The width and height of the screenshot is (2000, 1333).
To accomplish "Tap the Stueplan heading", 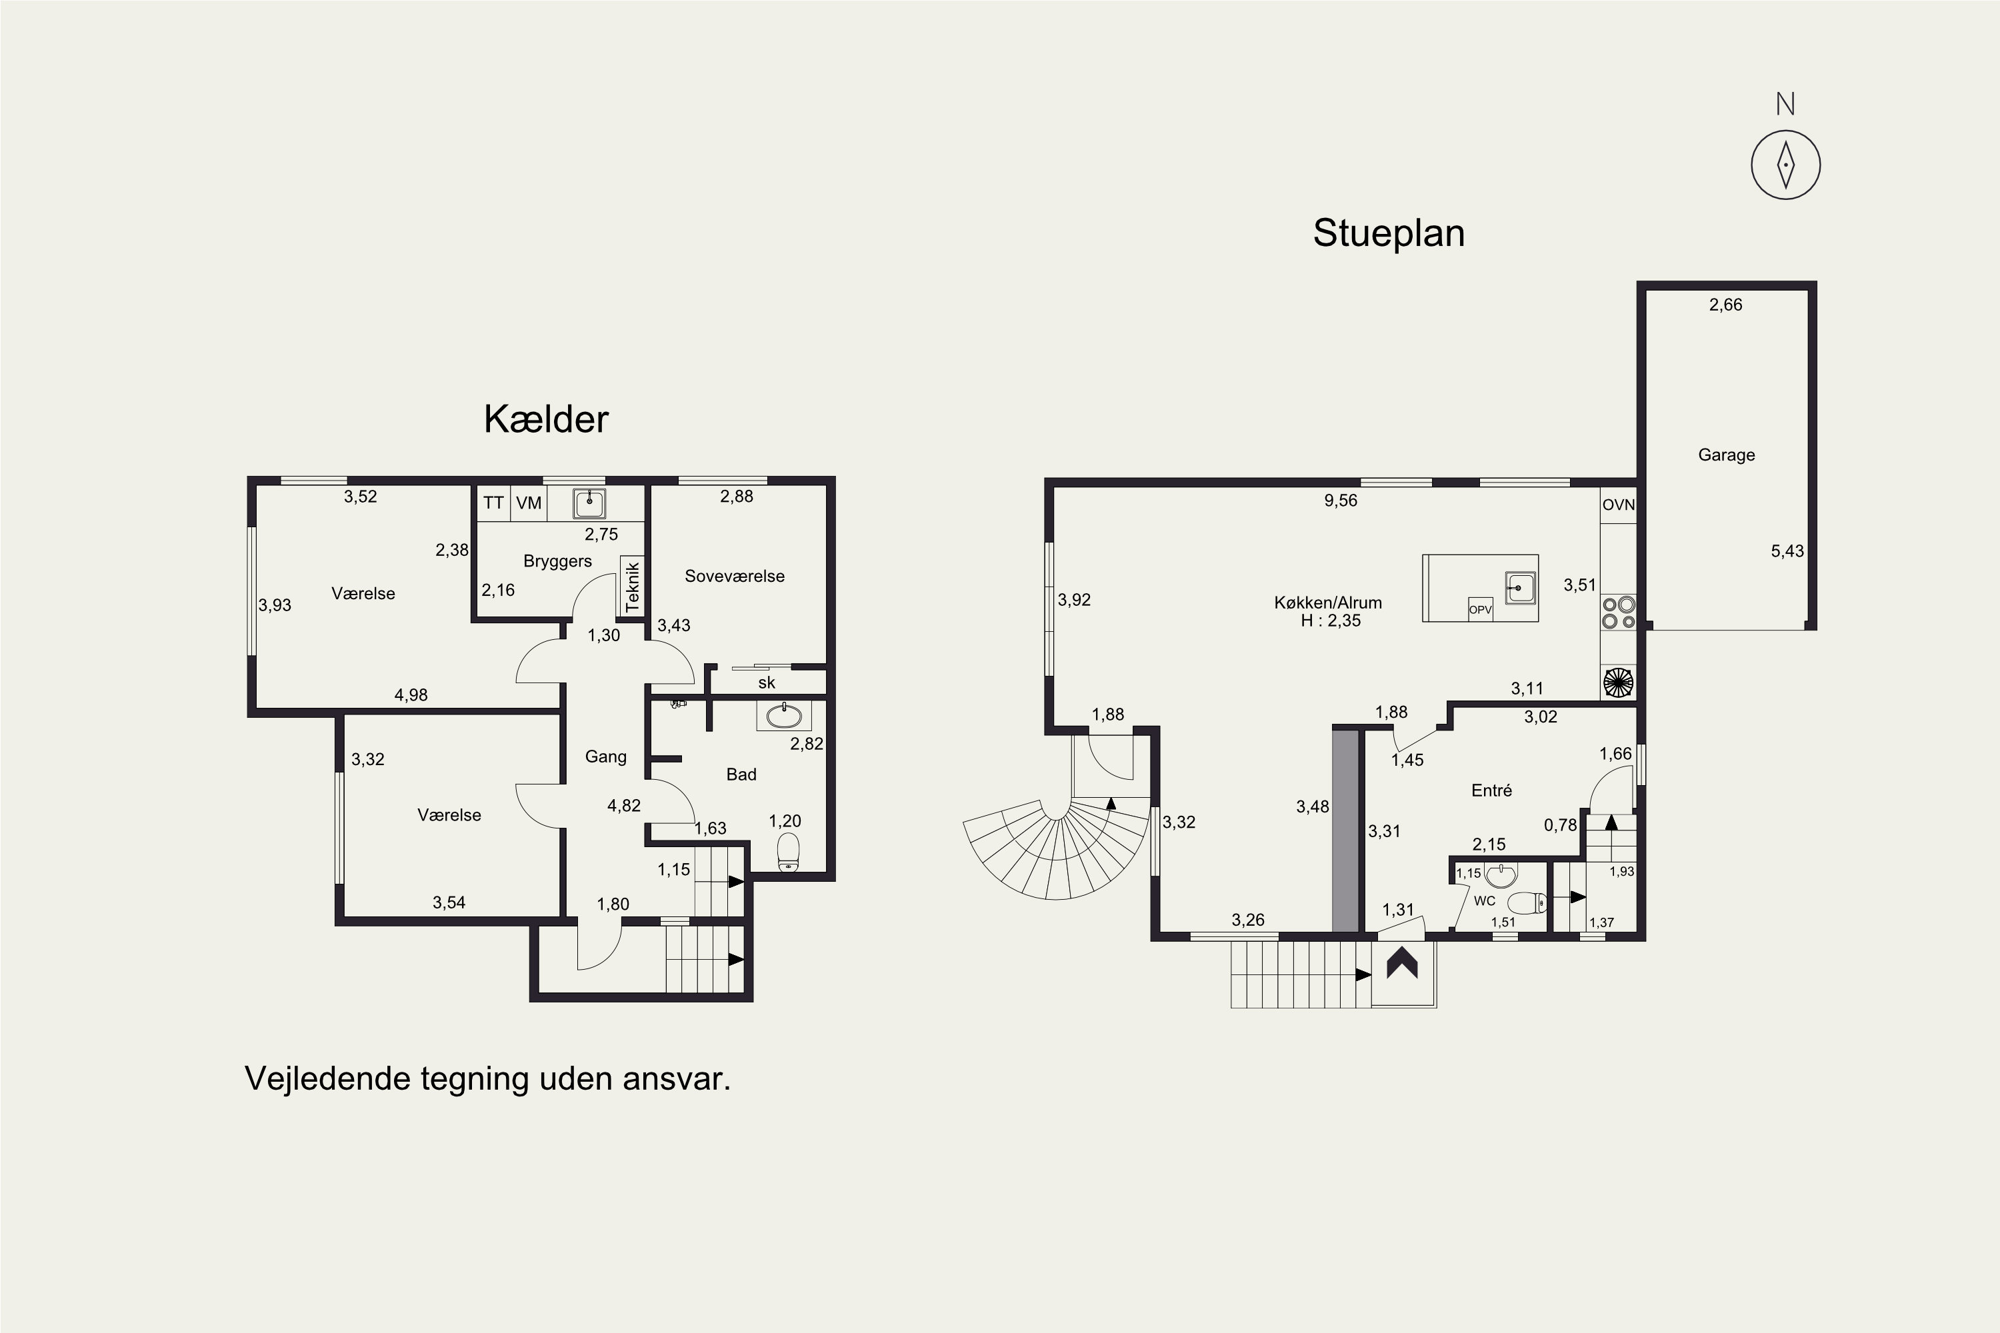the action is pos(1389,233).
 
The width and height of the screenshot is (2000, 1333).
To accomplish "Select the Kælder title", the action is pos(546,419).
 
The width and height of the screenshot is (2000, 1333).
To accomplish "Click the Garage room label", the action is pos(1726,455).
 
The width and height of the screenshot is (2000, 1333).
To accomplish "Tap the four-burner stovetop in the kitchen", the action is pos(1618,612).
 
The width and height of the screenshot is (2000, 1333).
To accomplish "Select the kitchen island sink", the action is pos(1521,587).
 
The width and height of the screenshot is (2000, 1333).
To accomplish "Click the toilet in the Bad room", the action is pos(788,852).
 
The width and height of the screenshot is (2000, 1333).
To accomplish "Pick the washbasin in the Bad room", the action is pos(783,716).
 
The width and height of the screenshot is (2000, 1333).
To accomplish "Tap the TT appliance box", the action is pos(493,503).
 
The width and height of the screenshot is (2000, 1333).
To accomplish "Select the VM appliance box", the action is pos(529,503).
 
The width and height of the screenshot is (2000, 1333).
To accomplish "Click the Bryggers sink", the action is pos(589,503).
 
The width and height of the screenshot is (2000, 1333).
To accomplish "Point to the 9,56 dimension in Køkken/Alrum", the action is pos(1340,501).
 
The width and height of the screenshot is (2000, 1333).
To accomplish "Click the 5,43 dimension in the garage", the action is pos(1787,551).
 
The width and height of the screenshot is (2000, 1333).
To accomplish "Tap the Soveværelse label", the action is pos(735,577).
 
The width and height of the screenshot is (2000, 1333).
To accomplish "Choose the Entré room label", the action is pos(1491,790).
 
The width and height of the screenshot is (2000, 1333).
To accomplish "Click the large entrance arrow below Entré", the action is pos(1402,963).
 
